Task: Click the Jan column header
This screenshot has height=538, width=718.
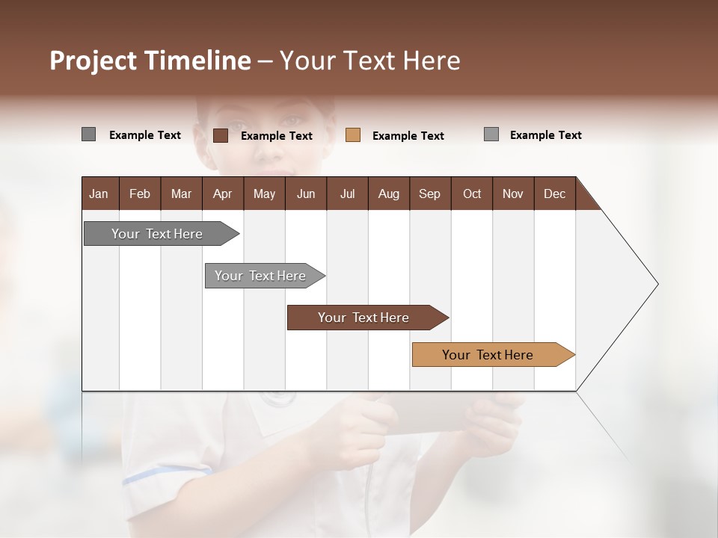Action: [99, 194]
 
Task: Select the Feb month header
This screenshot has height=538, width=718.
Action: [140, 194]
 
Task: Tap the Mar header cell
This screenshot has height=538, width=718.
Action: [181, 194]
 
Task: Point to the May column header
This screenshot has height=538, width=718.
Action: [264, 194]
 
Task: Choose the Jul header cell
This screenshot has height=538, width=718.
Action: [347, 194]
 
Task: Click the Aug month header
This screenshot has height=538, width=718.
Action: [388, 194]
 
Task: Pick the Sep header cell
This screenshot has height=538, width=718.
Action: [429, 194]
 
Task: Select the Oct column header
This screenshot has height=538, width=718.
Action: [472, 194]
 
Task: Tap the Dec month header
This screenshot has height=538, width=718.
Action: [554, 194]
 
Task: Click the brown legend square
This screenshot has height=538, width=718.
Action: [221, 135]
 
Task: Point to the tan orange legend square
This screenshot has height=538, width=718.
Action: [353, 135]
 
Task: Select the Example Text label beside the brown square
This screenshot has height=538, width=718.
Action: [277, 136]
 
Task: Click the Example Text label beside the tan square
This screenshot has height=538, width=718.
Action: [408, 136]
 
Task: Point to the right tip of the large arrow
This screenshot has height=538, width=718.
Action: [657, 284]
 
